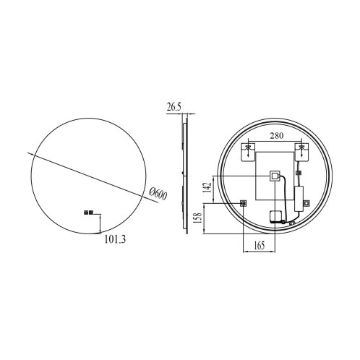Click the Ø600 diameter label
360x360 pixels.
[158, 194]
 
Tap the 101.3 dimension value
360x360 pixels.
[115, 239]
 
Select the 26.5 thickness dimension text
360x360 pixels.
[173, 107]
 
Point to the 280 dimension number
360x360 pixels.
[276, 136]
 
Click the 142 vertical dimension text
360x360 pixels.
[207, 187]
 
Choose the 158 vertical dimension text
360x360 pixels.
[198, 218]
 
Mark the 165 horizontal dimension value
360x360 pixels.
[260, 245]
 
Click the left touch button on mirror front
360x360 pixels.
[86, 213]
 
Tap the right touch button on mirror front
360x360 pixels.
[91, 213]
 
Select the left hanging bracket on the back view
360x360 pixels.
[248, 152]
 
